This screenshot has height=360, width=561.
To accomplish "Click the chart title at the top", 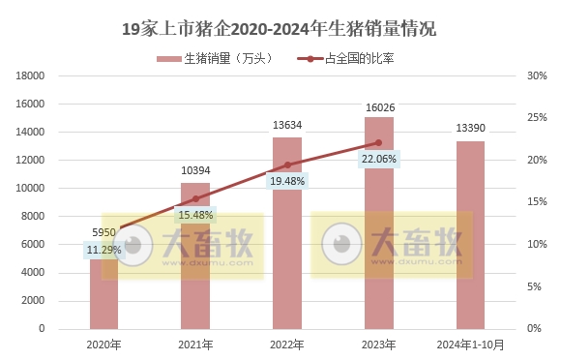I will click(x=280, y=29).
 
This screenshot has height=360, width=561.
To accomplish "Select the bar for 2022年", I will click(x=286, y=242).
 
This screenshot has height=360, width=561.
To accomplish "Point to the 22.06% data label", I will click(x=378, y=159).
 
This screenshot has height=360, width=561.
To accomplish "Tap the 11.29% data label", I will click(x=103, y=250).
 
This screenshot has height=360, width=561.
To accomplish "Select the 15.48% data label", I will click(x=195, y=215).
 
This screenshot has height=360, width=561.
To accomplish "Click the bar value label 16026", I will click(x=378, y=106).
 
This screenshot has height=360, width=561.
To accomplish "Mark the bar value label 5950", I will click(x=103, y=233).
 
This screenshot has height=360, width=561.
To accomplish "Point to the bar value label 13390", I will click(x=470, y=129).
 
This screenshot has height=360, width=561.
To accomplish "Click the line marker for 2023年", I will click(x=378, y=142).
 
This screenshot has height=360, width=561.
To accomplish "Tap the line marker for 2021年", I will click(x=195, y=198).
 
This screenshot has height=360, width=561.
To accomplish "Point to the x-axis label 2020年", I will click(x=103, y=344).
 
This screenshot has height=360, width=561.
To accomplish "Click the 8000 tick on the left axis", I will click(x=34, y=217).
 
